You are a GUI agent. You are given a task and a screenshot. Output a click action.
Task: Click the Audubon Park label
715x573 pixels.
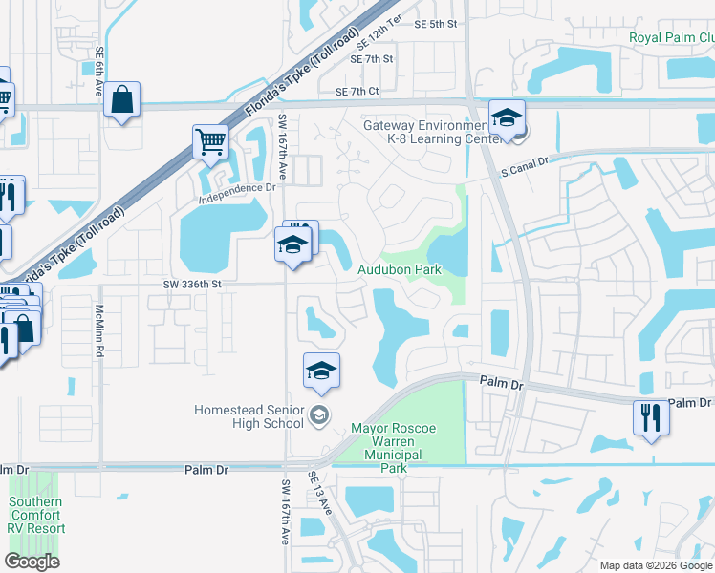coord(400,270)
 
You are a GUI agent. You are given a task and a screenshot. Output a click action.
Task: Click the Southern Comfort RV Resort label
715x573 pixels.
coord(36,515)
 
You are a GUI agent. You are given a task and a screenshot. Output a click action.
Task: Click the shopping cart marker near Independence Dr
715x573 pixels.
coord(210,143)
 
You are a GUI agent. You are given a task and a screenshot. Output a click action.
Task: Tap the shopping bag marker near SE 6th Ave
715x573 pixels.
coord(122,100)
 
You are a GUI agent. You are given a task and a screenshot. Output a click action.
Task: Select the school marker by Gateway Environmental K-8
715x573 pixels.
coord(507,118)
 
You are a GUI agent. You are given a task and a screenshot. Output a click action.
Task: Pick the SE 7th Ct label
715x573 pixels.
coord(357,92)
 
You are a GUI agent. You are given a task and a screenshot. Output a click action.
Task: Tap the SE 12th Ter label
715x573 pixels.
coord(376,39)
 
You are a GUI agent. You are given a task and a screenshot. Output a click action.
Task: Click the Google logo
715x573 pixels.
coord(32,562)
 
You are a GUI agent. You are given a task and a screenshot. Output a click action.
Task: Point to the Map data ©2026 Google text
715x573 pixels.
coord(656,565)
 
